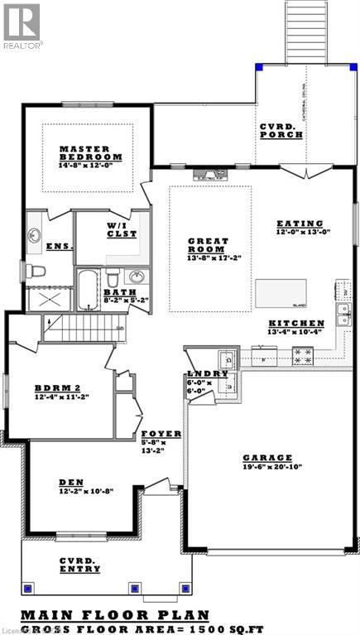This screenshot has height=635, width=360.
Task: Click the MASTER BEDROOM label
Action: coord(91,152)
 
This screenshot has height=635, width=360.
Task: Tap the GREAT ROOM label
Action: coord(207,245)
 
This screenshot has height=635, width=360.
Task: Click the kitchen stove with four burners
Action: coord(303,356)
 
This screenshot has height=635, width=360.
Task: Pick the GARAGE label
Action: coord(266,457)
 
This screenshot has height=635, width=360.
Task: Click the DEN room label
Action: coord(70,482)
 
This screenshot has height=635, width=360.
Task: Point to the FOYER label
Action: coord(156,434)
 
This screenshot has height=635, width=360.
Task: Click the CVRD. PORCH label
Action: coord(281,131)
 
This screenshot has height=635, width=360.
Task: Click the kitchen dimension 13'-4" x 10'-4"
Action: coord(295,332)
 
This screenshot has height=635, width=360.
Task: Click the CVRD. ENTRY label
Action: coord(80,565)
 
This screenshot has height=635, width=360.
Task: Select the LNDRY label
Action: coord(208,374)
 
